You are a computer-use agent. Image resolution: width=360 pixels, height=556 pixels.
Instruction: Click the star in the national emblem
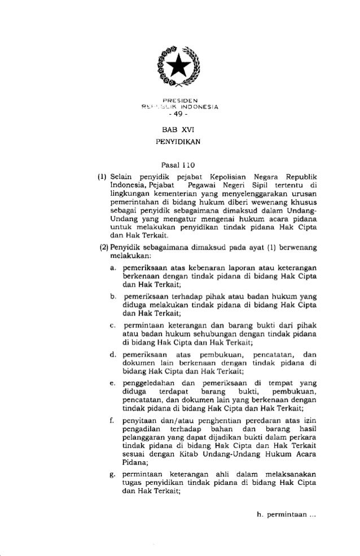coord(179,67)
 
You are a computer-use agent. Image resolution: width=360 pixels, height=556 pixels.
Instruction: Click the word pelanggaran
coord(143,437)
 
